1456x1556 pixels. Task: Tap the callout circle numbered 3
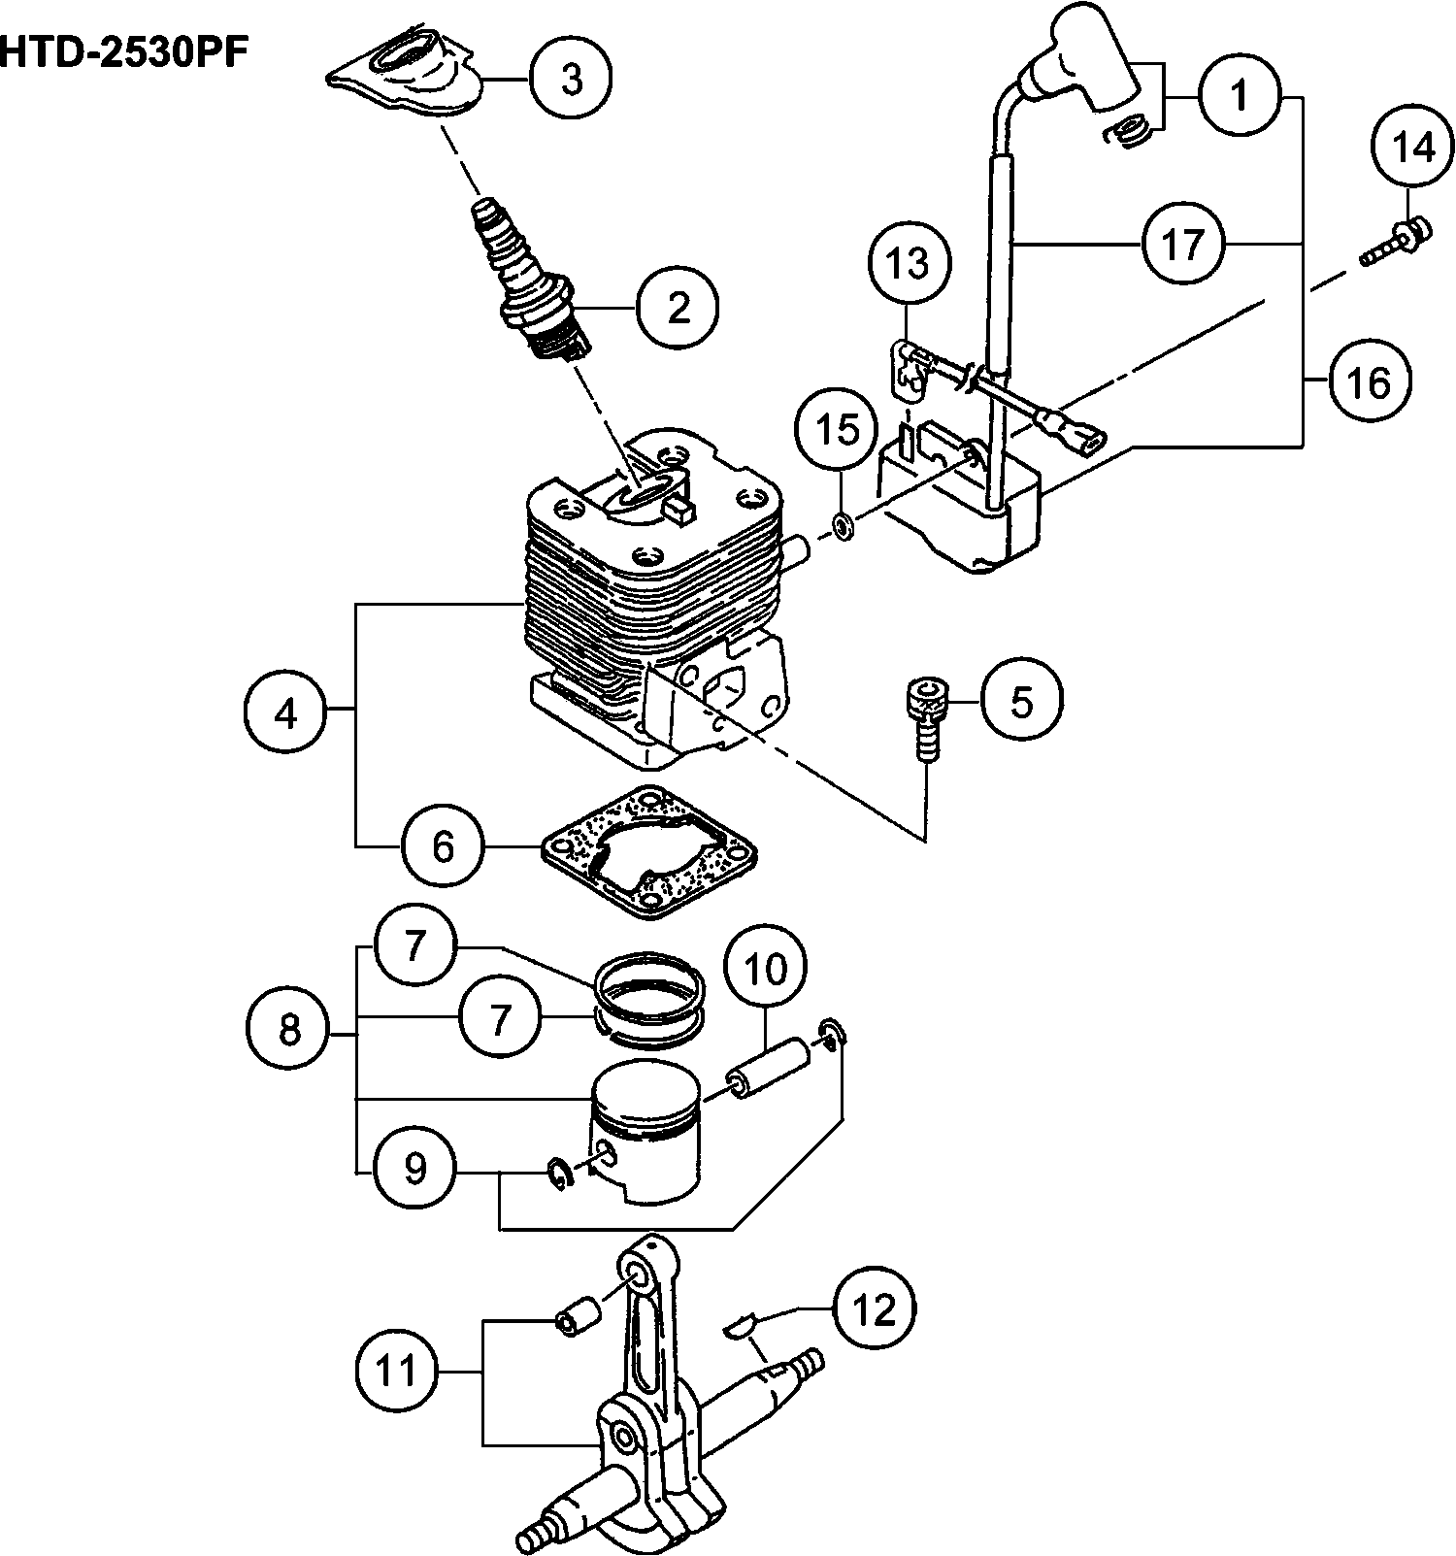tap(572, 80)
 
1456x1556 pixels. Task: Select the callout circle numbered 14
tap(1413, 148)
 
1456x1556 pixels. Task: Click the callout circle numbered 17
tap(1182, 244)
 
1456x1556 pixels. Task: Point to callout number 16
tap(1370, 382)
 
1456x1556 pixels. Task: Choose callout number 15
tap(841, 428)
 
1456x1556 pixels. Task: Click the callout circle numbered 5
tap(1022, 701)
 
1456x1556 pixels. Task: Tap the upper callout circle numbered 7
tap(414, 945)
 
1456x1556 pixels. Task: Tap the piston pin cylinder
tap(772, 1069)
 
